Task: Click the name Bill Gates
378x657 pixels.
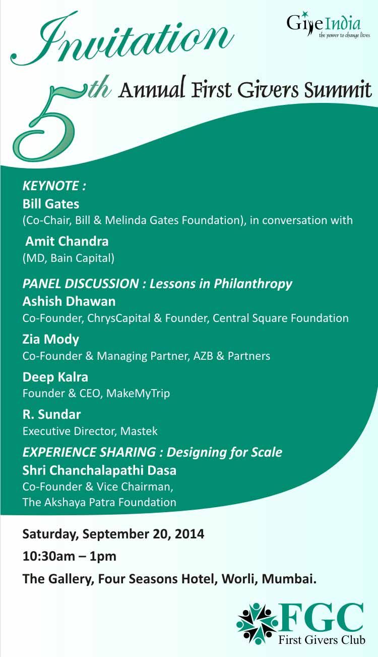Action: (51, 204)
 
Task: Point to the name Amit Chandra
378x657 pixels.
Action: (67, 241)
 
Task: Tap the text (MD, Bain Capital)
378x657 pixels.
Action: (69, 258)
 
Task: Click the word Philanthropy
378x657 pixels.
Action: (253, 284)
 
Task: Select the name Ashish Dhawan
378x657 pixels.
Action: (69, 302)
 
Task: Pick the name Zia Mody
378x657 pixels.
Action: (51, 340)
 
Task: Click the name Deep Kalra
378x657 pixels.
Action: (55, 377)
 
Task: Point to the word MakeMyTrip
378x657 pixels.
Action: (138, 394)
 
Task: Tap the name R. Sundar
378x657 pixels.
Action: (51, 414)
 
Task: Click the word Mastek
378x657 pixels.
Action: (139, 431)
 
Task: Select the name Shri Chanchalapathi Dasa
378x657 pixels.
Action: (99, 470)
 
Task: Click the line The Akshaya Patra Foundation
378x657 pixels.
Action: (99, 502)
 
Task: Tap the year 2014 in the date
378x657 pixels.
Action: (190, 533)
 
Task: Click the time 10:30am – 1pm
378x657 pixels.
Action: (70, 556)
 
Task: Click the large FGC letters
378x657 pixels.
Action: (322, 618)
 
